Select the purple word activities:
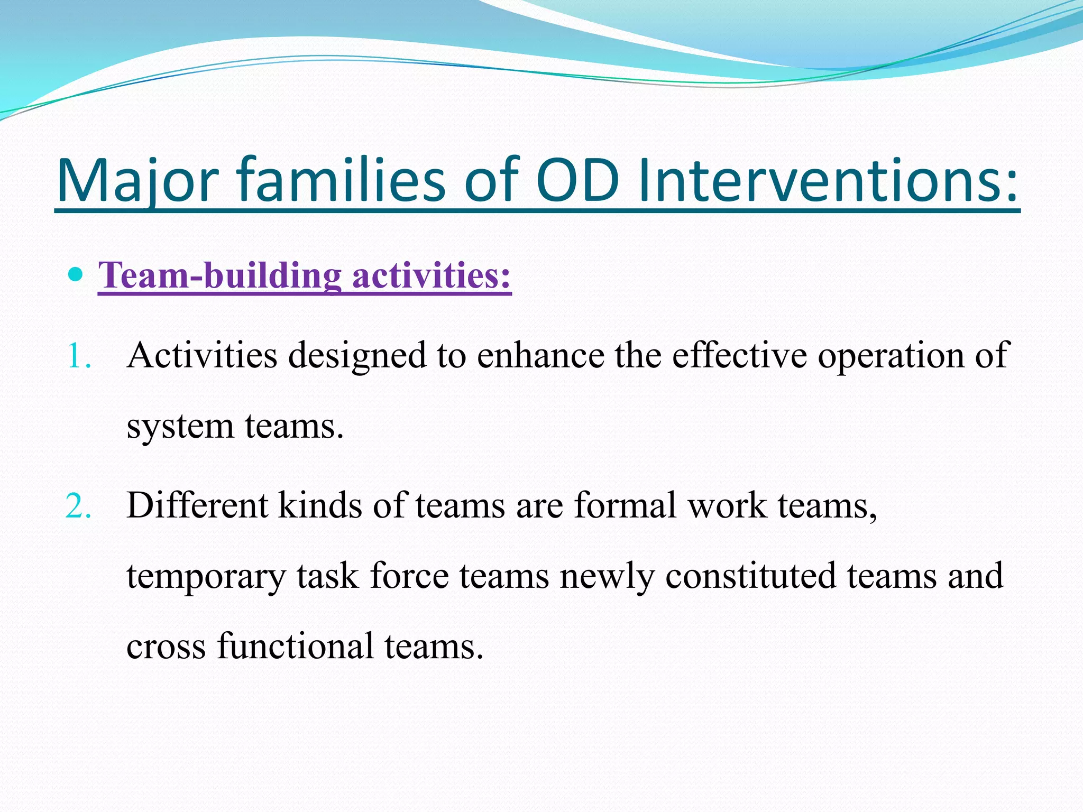pyautogui.click(x=432, y=275)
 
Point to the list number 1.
pyautogui.click(x=78, y=356)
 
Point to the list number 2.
pyautogui.click(x=78, y=506)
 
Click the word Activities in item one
pyautogui.click(x=202, y=355)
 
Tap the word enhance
pyautogui.click(x=540, y=355)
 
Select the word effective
pyautogui.click(x=739, y=355)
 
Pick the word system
pyautogui.click(x=180, y=427)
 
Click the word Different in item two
pyautogui.click(x=197, y=505)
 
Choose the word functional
pyautogui.click(x=295, y=646)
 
